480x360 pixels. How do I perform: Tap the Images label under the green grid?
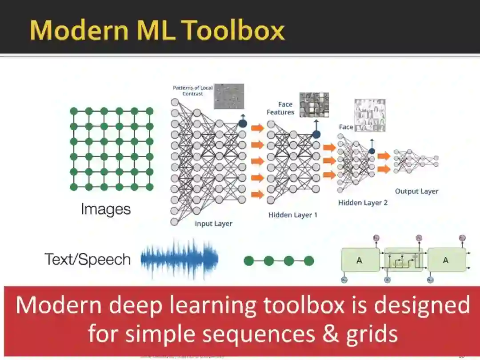click(x=106, y=209)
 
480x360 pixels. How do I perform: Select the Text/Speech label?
click(x=88, y=259)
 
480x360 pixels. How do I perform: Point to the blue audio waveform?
click(x=180, y=259)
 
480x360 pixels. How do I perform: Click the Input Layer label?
click(x=213, y=224)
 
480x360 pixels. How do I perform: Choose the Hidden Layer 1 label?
click(x=293, y=215)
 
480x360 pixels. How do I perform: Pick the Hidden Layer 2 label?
click(x=363, y=203)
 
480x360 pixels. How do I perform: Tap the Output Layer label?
click(x=416, y=191)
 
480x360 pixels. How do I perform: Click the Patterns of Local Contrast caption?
click(x=193, y=91)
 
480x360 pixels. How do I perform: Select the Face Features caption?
click(x=280, y=108)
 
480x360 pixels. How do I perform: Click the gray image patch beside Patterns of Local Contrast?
click(x=229, y=96)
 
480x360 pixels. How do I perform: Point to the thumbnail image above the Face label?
click(x=370, y=116)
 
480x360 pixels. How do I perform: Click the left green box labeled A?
click(x=360, y=261)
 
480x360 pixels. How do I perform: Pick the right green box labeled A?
click(x=446, y=261)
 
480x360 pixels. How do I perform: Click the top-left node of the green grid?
click(x=74, y=111)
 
